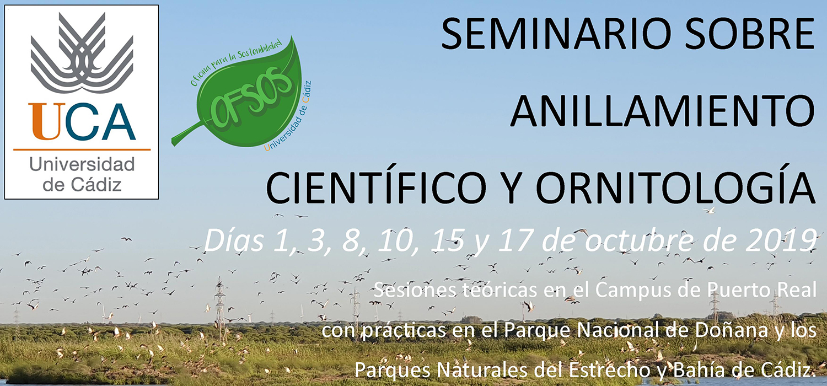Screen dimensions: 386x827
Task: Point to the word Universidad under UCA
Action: click(82, 164)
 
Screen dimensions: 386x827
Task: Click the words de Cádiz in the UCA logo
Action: click(82, 184)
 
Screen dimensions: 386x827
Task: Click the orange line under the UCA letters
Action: click(82, 149)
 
